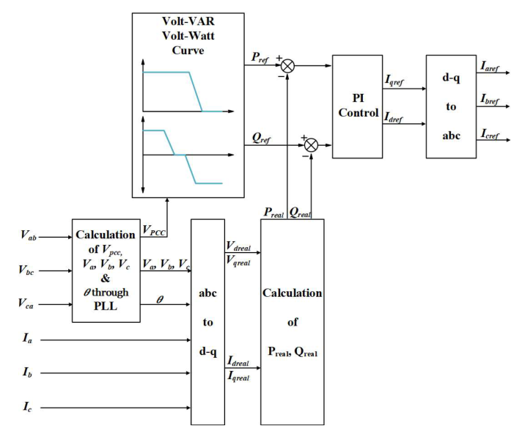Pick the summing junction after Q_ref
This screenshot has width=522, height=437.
tap(311, 144)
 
